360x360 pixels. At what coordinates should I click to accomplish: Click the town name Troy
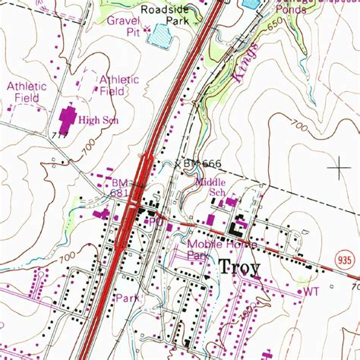[x=239, y=267]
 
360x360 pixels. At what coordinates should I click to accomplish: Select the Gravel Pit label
[x=123, y=27]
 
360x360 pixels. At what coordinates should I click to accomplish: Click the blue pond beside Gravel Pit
[x=160, y=36]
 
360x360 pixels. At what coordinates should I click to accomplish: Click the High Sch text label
[x=99, y=120]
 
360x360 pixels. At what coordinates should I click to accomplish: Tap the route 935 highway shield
[x=344, y=260]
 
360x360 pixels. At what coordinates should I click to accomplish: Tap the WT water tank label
[x=311, y=291]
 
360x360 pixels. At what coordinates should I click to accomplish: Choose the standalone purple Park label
[x=128, y=298]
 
